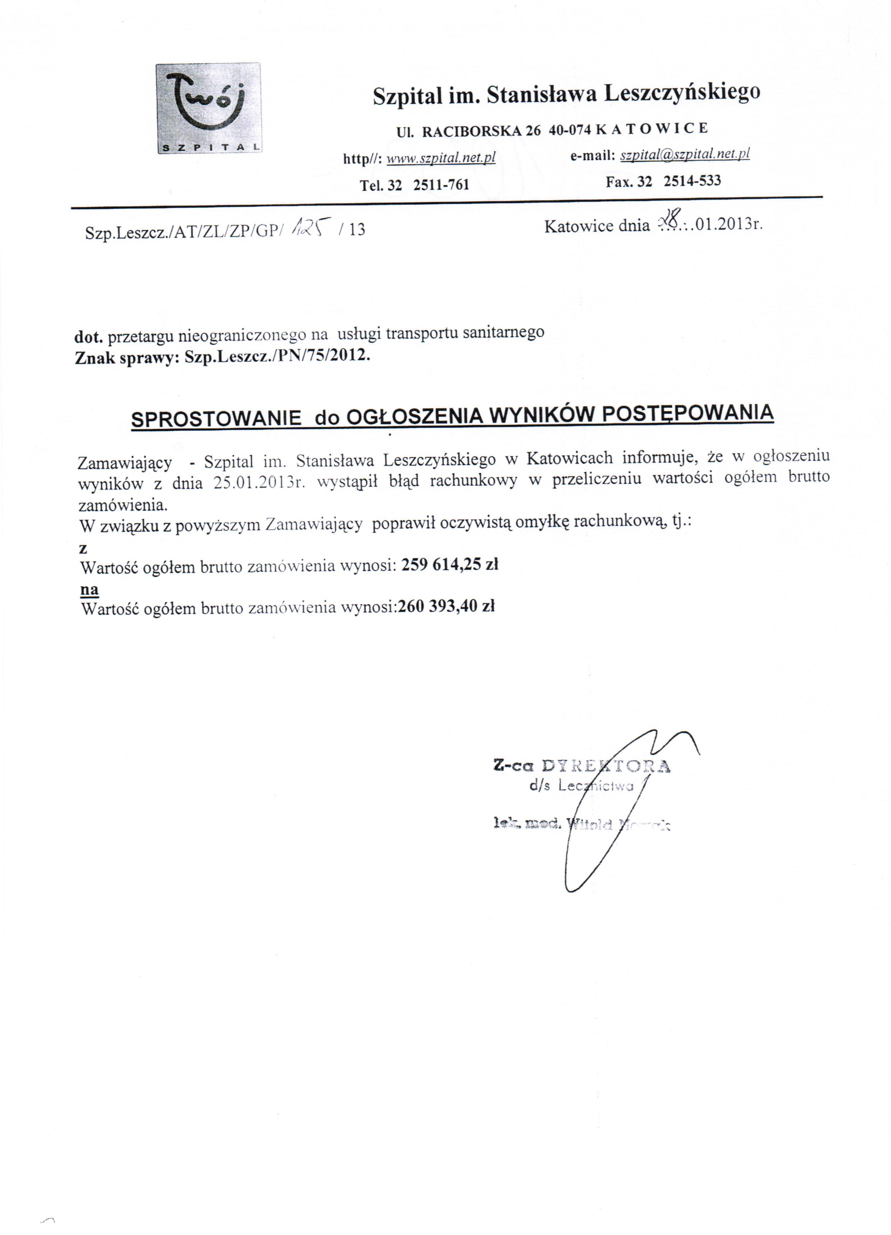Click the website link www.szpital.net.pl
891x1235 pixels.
click(440, 158)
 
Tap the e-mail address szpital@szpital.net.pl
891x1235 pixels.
click(684, 155)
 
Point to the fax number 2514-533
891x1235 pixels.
click(692, 181)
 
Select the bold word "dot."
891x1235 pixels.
click(88, 337)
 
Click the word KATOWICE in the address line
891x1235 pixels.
click(652, 129)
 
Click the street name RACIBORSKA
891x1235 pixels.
click(473, 131)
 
